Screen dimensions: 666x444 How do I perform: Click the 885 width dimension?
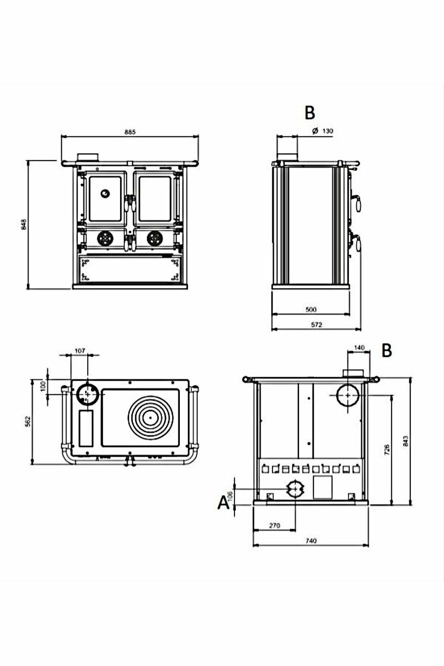tap(130, 132)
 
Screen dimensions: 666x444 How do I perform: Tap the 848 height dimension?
tap(23, 224)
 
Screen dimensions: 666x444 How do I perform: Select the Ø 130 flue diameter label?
tap(323, 131)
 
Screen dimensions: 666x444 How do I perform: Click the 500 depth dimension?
tap(311, 309)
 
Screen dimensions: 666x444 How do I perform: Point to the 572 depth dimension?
tap(317, 325)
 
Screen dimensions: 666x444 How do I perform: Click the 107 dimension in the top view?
tap(80, 350)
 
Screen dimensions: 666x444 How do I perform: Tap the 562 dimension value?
tap(27, 421)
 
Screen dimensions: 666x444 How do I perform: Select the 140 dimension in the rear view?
tap(359, 348)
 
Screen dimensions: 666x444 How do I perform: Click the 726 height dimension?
tap(387, 450)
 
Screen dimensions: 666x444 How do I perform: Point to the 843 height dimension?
tap(406, 441)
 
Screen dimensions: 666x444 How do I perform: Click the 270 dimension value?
tap(275, 525)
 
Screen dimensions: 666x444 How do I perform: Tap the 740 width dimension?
tap(311, 541)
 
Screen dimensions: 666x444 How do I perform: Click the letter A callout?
tap(223, 503)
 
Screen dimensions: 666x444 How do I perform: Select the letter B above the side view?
tap(310, 113)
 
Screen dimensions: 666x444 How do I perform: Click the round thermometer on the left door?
tap(105, 193)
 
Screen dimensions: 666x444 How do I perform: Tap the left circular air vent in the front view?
tap(105, 239)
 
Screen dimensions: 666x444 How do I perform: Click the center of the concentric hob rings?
tap(150, 417)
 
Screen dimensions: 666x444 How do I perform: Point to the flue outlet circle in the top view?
tap(88, 394)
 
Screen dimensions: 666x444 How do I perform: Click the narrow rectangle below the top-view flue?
tap(86, 428)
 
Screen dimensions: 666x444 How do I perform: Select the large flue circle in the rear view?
tap(347, 395)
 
